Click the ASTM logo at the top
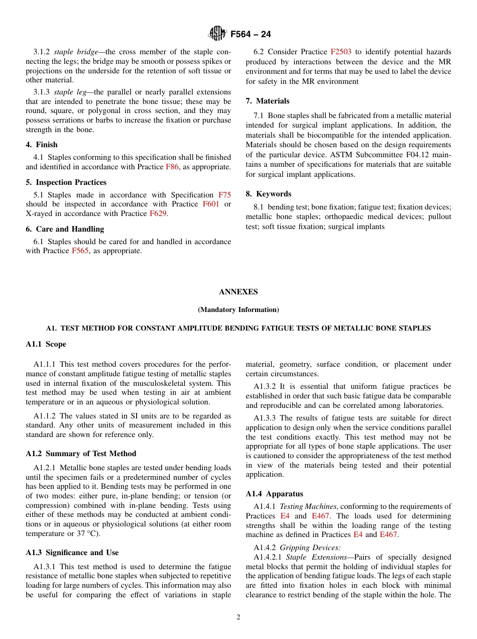[x=218, y=34]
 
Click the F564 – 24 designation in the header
[x=251, y=35]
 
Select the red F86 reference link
[x=172, y=167]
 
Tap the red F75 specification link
[x=224, y=195]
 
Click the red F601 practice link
[x=210, y=204]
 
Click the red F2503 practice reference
[x=340, y=52]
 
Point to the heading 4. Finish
[x=42, y=145]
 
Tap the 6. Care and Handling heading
[x=65, y=229]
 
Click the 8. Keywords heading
[x=268, y=194]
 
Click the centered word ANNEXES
[x=238, y=292]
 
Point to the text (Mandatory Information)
[x=238, y=310]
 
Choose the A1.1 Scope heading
[x=46, y=344]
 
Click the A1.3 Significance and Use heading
[x=72, y=553]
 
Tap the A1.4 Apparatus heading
[x=274, y=494]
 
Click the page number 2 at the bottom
[x=238, y=617]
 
